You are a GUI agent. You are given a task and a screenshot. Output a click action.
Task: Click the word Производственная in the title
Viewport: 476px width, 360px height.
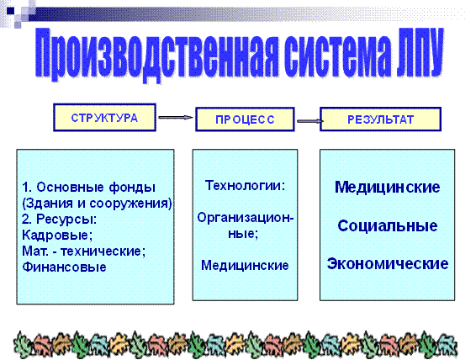point(156,55)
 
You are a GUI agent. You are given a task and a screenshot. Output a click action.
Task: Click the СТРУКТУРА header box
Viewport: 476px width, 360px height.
point(104,118)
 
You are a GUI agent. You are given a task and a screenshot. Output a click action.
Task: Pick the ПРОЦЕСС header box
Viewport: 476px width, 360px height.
point(245,119)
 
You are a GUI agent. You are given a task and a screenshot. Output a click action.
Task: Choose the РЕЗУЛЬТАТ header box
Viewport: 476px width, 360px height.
point(380,119)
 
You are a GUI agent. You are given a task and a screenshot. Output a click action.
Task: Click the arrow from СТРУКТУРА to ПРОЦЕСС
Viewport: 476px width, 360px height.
point(176,118)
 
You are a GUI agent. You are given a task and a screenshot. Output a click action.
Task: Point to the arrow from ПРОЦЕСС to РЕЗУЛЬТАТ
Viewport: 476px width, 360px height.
point(309,121)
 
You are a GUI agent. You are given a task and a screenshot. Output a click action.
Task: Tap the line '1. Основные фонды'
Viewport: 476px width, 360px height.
point(88,188)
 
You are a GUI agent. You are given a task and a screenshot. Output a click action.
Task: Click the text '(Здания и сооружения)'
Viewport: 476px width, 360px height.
point(97,204)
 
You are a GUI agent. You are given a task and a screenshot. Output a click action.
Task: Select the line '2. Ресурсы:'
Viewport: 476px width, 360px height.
point(59,220)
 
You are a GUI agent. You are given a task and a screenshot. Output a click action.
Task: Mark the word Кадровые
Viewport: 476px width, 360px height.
point(57,235)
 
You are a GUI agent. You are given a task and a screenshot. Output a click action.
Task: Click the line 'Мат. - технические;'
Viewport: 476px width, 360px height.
point(84,251)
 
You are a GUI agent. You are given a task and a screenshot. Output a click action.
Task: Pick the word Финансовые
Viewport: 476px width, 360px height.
point(64,267)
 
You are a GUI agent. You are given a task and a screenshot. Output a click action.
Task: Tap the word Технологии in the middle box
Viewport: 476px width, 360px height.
point(243,185)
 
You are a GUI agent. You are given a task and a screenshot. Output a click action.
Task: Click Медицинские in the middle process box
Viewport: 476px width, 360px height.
point(245,265)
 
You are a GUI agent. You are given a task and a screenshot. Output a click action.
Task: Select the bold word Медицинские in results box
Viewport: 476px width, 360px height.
point(388,187)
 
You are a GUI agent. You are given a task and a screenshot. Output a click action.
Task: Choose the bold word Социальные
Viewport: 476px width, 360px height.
point(388,225)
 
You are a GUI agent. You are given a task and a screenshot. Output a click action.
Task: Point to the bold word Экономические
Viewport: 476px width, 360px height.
point(388,264)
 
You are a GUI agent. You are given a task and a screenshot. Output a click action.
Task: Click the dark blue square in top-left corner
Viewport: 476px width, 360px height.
point(10,11)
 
